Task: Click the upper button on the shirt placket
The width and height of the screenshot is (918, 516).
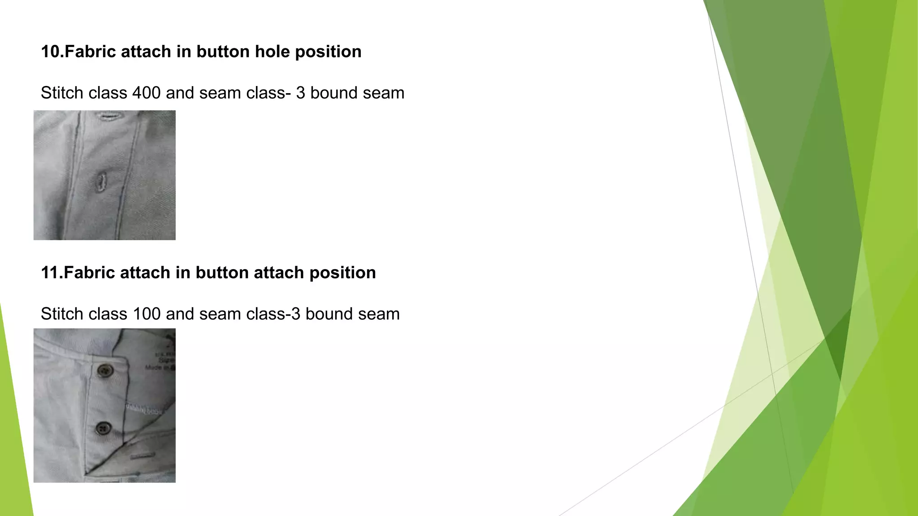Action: click(x=105, y=370)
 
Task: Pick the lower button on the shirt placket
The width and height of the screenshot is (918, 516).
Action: click(x=104, y=428)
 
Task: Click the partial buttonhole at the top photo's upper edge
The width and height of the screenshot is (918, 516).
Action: click(x=107, y=117)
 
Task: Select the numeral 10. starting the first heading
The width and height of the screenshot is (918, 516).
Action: click(x=52, y=52)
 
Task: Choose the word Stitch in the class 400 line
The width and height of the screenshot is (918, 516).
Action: click(x=62, y=93)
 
